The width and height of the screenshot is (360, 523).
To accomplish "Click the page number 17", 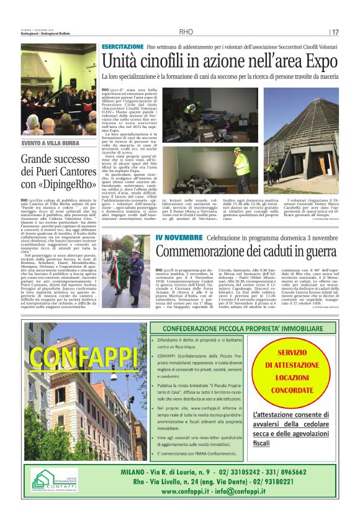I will pyautogui.click(x=335, y=32).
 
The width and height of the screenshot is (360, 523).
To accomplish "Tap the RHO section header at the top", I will pyautogui.click(x=186, y=32).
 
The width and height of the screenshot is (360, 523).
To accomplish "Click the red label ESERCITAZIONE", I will pyautogui.click(x=122, y=47).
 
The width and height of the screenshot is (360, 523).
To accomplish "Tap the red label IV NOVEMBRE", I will pyautogui.click(x=175, y=238).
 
